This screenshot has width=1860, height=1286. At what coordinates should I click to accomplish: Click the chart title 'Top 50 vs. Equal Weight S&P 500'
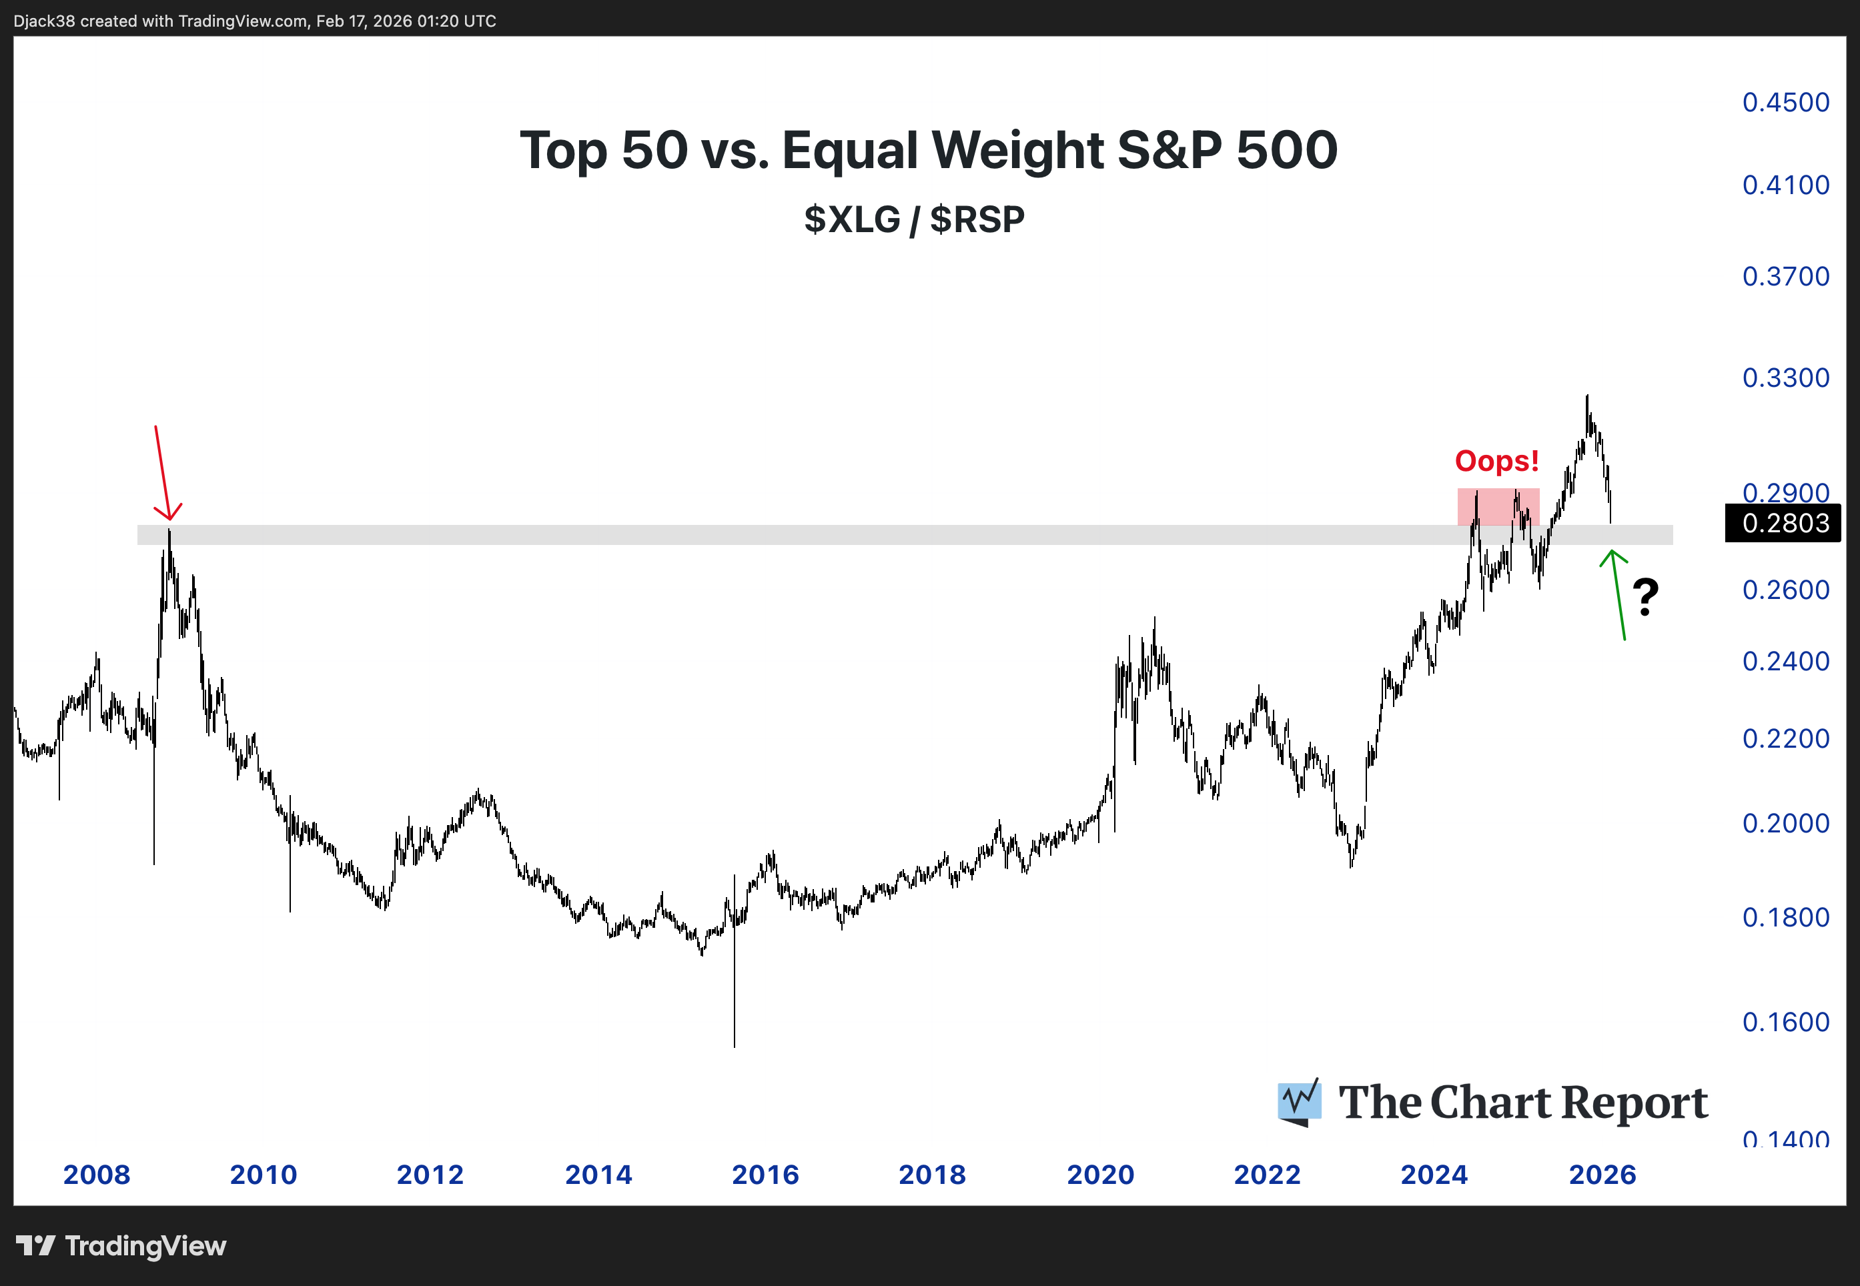pos(929,151)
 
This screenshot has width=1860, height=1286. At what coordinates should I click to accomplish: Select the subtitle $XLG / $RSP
pos(914,219)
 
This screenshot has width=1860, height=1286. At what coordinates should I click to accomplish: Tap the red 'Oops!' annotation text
pos(1496,461)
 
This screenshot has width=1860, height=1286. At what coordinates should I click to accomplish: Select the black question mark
pos(1646,597)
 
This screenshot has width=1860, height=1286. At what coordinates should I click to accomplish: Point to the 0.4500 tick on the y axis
pos(1785,102)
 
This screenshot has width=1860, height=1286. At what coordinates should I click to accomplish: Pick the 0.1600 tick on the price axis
pos(1785,1022)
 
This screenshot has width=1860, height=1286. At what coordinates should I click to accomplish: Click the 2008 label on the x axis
pos(97,1174)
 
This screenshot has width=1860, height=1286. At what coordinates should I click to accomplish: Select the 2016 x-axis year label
pos(765,1174)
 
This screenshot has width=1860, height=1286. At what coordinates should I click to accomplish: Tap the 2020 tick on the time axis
pos(1100,1174)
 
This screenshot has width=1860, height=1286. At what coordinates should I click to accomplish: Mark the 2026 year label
pos(1602,1174)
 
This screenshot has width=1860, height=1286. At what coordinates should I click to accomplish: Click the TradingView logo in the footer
pos(121,1246)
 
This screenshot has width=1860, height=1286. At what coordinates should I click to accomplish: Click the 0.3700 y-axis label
pos(1785,276)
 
